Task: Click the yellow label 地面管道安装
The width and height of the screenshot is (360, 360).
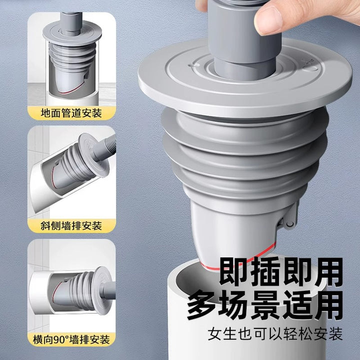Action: pos(71,113)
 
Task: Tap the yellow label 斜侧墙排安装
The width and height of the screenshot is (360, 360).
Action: pos(71,225)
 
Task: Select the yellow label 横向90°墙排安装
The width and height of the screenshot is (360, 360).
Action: pos(71,339)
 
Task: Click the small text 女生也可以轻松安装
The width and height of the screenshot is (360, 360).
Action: pos(275,334)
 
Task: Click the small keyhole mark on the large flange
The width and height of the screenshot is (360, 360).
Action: pos(193,66)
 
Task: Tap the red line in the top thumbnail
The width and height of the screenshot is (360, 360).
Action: pos(72,90)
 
